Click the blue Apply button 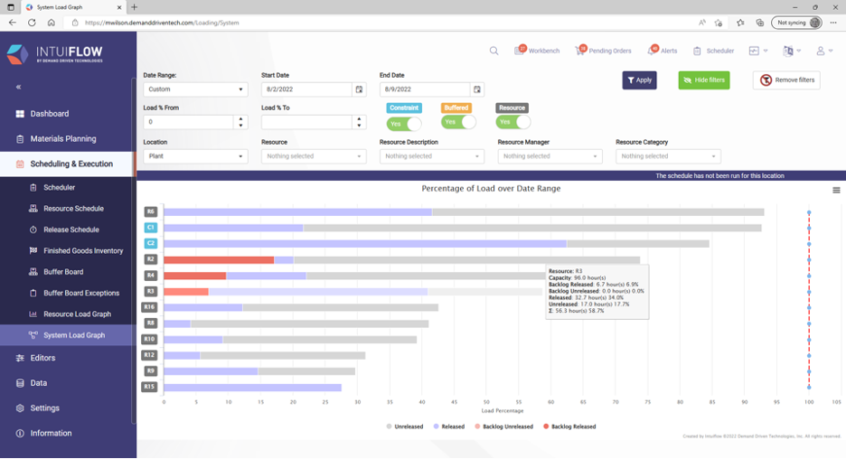click(x=639, y=80)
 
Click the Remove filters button click(x=786, y=80)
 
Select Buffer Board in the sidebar click(x=63, y=272)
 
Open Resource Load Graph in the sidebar click(x=77, y=314)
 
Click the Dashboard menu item click(x=49, y=114)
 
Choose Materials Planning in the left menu click(x=62, y=139)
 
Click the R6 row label click(x=150, y=211)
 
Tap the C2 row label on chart click(x=150, y=244)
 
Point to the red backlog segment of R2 click(x=218, y=260)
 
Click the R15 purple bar click(x=252, y=388)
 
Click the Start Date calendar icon click(x=359, y=89)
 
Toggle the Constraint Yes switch click(x=403, y=124)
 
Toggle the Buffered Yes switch click(x=458, y=122)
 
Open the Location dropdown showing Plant click(x=195, y=156)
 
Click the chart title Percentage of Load click(x=491, y=189)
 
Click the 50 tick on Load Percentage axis click(x=486, y=402)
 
